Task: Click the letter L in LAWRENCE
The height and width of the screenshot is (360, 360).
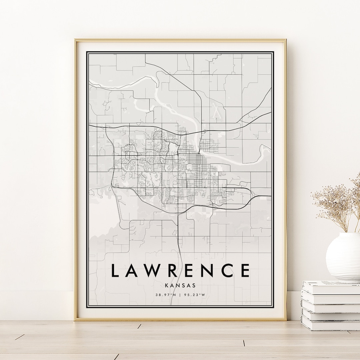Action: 115,270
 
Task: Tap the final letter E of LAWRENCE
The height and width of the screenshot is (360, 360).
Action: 244,270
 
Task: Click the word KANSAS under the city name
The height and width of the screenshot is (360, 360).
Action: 180,285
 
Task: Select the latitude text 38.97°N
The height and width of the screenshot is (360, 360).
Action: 166,294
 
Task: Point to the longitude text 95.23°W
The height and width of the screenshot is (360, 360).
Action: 194,294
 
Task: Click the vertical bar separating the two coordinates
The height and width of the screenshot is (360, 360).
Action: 180,294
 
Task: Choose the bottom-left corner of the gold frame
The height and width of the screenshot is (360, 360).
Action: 75,319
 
